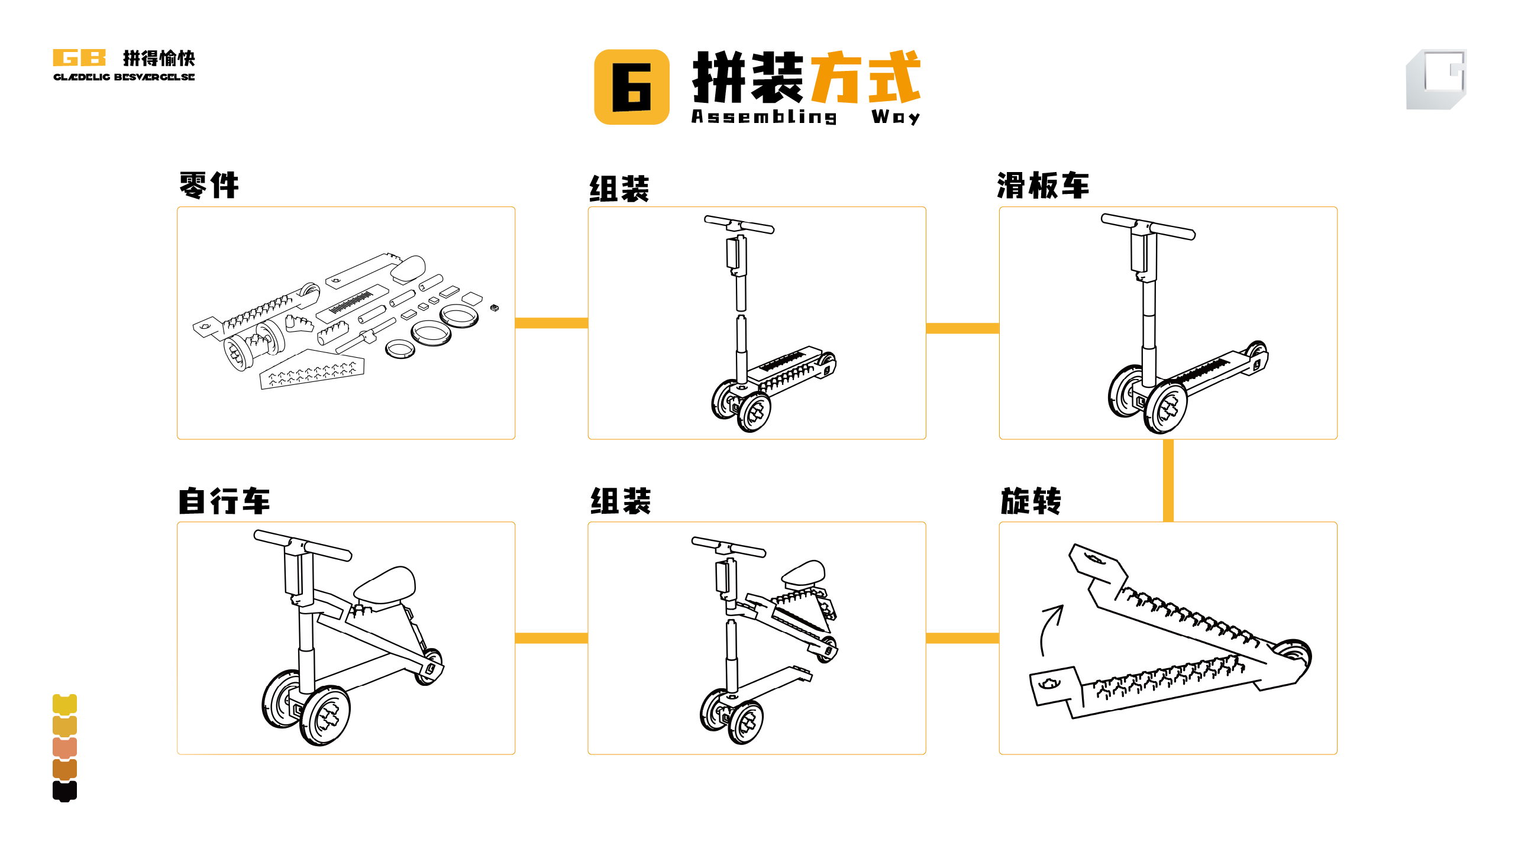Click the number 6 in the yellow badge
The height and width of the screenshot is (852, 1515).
632,88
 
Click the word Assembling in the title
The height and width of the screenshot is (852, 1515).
764,116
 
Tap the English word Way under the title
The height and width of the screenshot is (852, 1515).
895,116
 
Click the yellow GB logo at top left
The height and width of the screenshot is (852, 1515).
79,57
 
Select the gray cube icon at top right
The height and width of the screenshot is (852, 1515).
1436,79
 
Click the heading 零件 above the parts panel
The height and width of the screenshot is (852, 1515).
209,186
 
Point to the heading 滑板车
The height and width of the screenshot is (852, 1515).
1043,186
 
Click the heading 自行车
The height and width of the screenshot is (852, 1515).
224,501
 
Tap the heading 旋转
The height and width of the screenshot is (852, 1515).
1031,501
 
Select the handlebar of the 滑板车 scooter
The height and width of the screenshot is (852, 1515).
1148,227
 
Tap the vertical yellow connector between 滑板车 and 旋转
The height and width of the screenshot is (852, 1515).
1168,480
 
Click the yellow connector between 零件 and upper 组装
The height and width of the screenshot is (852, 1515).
551,323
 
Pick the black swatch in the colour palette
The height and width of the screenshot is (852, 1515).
64,791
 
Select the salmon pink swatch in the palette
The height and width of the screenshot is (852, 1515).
64,747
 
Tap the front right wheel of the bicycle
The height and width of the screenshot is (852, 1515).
325,716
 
